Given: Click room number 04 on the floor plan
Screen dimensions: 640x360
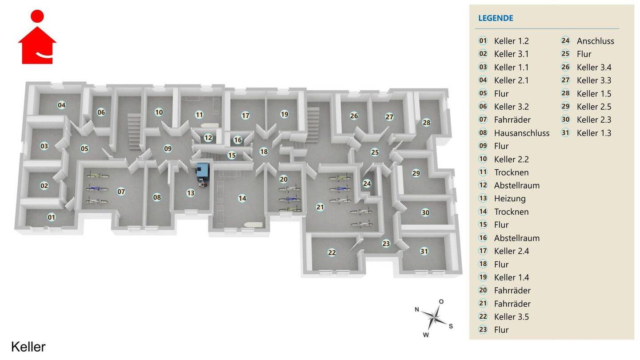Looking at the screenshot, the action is click(x=61, y=105).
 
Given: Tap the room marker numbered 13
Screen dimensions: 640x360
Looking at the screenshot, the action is click(x=191, y=193).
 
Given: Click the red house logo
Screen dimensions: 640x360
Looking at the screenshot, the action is click(x=37, y=37).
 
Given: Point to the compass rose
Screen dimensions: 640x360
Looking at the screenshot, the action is click(x=434, y=318).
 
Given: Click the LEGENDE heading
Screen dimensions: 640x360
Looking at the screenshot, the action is click(x=496, y=18).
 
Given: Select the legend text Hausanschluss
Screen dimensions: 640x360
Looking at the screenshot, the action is click(x=522, y=133).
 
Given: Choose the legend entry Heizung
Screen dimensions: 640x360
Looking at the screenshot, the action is click(x=510, y=199).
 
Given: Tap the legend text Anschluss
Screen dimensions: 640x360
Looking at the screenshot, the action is click(x=596, y=41).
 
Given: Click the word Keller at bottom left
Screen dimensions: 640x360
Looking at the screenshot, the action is click(x=28, y=347).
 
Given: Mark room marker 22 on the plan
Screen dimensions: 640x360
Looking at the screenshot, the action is click(x=332, y=252).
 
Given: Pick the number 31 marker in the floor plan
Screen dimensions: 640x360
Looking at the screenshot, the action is click(x=424, y=252).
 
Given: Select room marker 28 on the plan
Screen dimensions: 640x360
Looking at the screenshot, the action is click(x=426, y=123).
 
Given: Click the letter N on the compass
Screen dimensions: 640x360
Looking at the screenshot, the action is click(x=417, y=309).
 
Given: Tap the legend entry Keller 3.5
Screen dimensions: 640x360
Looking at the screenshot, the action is click(x=511, y=317).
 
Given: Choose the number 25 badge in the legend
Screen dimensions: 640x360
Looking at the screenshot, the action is click(x=565, y=54).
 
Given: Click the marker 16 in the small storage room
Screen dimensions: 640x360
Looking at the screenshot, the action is click(x=238, y=140).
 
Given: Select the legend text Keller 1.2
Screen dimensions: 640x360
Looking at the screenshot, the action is click(x=511, y=41).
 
